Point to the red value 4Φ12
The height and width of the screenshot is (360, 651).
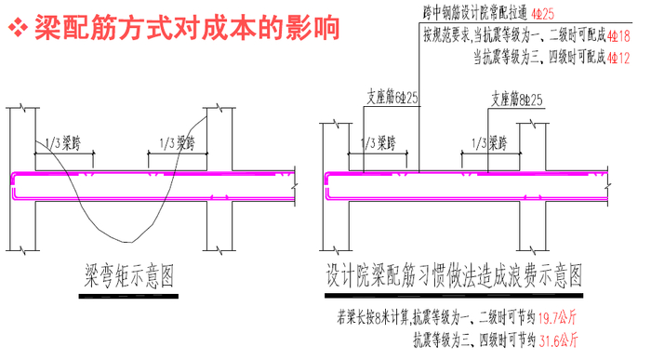pyautogui.click(x=618, y=58)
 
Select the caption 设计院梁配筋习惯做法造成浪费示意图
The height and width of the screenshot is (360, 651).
pyautogui.click(x=454, y=275)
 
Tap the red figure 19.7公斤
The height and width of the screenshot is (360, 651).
pyautogui.click(x=558, y=319)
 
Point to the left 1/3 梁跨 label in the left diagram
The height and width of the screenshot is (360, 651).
pyautogui.click(x=66, y=142)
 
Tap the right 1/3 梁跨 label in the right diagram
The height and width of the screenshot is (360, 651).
pyautogui.click(x=492, y=142)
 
